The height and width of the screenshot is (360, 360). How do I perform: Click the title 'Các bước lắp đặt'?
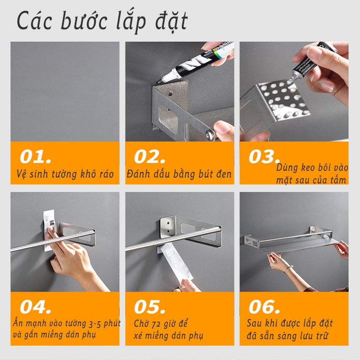103,22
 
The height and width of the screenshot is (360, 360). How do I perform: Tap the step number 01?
36,157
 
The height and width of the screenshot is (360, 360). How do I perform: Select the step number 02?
149,157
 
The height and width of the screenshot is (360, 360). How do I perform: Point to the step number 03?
264,157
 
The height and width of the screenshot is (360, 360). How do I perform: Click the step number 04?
36,307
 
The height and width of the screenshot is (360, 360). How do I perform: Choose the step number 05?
149,307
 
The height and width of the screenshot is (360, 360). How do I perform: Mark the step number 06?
264,307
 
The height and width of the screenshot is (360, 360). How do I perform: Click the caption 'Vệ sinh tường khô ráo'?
65,174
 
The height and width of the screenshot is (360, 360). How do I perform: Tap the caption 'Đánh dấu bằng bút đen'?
179,174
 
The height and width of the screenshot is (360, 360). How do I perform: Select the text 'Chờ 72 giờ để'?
161,324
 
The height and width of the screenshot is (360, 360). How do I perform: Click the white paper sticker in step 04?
49,229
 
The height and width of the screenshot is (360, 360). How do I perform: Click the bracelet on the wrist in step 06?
288,269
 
